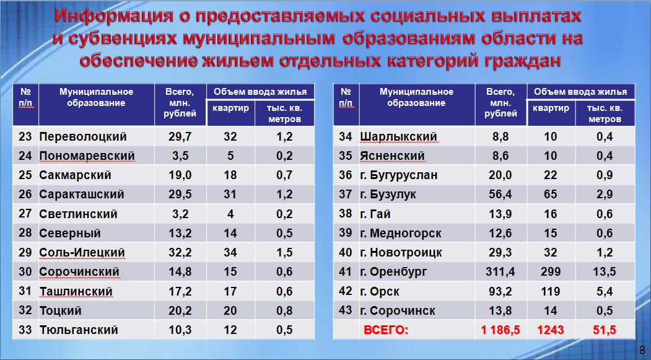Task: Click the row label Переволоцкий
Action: (83, 136)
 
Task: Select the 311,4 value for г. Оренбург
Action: (500, 271)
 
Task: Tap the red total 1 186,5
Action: (500, 330)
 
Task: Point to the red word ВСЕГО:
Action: (386, 330)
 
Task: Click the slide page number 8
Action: (642, 349)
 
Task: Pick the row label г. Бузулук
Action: (388, 195)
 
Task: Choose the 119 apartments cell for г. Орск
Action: (551, 291)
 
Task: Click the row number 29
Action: (25, 252)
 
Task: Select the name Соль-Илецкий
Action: (82, 252)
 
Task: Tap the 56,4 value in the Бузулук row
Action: (500, 195)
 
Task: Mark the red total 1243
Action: (551, 330)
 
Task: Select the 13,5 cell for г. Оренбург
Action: (605, 271)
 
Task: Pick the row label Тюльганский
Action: (79, 330)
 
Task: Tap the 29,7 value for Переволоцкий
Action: (180, 136)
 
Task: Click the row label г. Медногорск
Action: (401, 234)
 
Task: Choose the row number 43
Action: (346, 310)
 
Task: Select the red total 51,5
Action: (605, 330)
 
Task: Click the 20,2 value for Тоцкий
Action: (180, 310)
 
